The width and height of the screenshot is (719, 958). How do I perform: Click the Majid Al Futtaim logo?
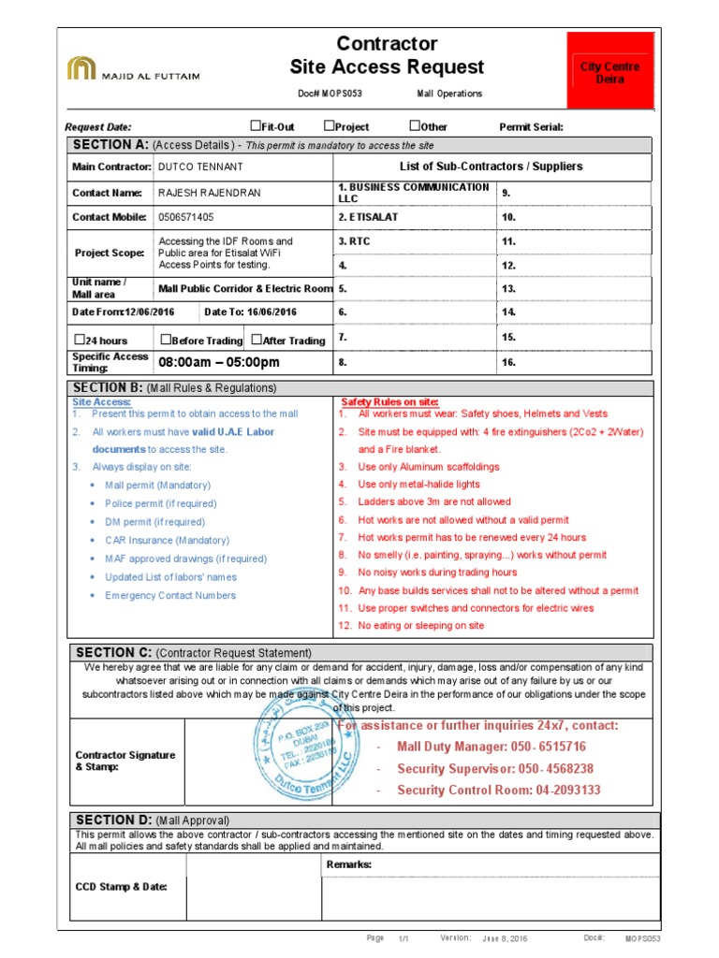133,69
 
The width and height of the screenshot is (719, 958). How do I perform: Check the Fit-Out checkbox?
255,126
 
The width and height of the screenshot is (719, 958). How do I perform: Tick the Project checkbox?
330,126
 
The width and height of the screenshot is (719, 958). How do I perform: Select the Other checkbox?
415,126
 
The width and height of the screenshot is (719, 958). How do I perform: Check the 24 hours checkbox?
79,340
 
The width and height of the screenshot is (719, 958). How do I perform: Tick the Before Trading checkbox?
166,340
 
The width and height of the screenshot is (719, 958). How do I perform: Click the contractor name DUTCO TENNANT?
200,167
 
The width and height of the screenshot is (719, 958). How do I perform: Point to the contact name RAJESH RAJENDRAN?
210,193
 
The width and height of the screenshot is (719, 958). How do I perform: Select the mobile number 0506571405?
186,217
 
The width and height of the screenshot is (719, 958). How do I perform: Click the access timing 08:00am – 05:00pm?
219,362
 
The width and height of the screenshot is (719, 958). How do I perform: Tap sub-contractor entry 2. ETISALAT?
367,217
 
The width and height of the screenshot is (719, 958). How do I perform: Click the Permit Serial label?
531,127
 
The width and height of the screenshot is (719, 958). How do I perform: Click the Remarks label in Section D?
349,864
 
